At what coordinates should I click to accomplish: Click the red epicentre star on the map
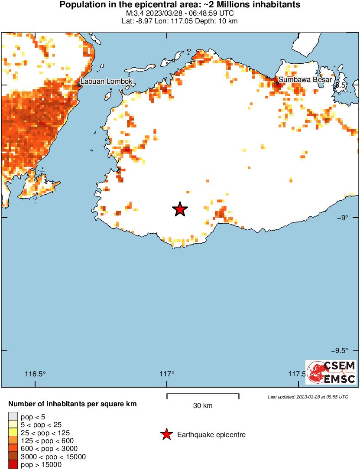tap(180, 209)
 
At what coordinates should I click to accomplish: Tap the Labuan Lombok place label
tap(106, 82)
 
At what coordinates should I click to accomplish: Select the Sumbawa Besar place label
tap(305, 80)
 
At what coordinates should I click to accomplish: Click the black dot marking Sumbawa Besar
tap(277, 83)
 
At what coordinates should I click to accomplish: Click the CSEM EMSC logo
tap(331, 372)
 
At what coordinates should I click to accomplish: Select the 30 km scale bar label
tap(203, 406)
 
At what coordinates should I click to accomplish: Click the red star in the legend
tap(166, 434)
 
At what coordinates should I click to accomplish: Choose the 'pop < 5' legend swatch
tap(13, 417)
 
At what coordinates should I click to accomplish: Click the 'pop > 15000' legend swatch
tap(13, 465)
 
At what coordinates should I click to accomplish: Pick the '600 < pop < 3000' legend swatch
tap(13, 449)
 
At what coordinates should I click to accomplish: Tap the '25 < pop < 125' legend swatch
tap(13, 433)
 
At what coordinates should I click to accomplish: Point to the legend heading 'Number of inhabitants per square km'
tap(72, 404)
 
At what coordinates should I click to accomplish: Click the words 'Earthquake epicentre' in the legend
tap(211, 434)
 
